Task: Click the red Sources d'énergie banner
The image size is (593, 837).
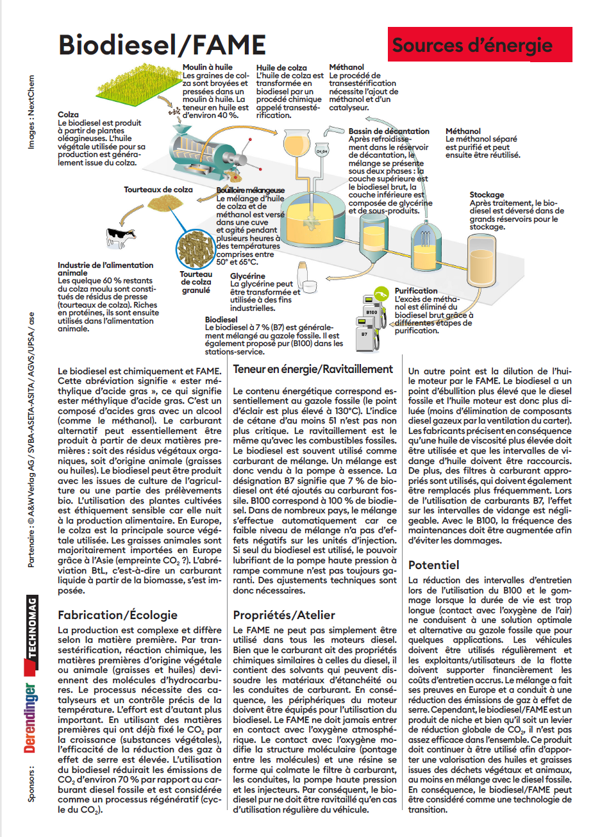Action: [x=479, y=45]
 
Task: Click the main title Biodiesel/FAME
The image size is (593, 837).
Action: [x=162, y=45]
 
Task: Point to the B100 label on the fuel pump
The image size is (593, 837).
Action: [x=371, y=312]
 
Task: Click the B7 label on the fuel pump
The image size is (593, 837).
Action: [x=364, y=334]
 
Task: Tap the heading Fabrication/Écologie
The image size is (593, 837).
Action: [x=117, y=615]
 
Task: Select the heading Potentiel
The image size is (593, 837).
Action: [x=433, y=565]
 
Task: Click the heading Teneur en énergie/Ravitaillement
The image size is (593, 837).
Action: [x=313, y=369]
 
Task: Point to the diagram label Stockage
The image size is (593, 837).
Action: [x=487, y=195]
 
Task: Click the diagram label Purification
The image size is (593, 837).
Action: [x=416, y=291]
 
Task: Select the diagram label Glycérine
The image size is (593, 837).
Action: [x=247, y=276]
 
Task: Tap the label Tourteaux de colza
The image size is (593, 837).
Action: [x=158, y=190]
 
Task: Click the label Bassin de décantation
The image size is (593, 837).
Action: [x=388, y=131]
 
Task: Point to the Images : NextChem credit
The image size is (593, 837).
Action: [x=31, y=112]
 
